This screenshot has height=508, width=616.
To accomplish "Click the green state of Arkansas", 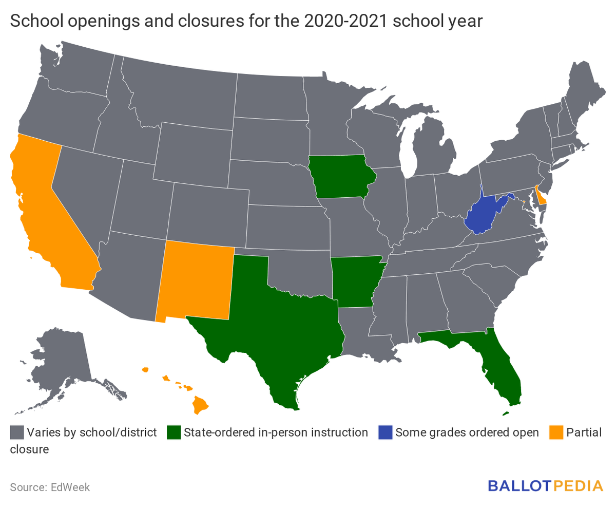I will coord(357,280).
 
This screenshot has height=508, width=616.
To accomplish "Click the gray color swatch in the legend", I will coord(17,432).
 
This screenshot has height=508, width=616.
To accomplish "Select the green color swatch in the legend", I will coord(174,432).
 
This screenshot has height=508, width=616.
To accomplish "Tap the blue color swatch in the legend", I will coord(386,432).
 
